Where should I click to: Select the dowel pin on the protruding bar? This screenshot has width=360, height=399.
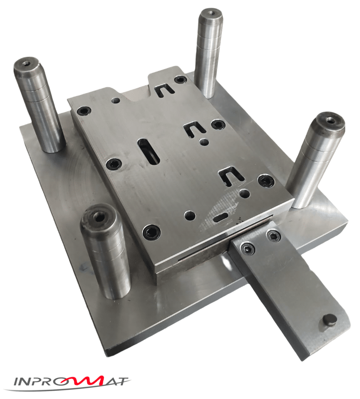[x=330, y=322]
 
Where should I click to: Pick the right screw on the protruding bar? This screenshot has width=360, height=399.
[x=274, y=236]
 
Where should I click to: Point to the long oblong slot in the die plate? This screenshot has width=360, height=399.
[x=148, y=151]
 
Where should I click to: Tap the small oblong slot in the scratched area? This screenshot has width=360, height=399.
[x=221, y=217]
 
